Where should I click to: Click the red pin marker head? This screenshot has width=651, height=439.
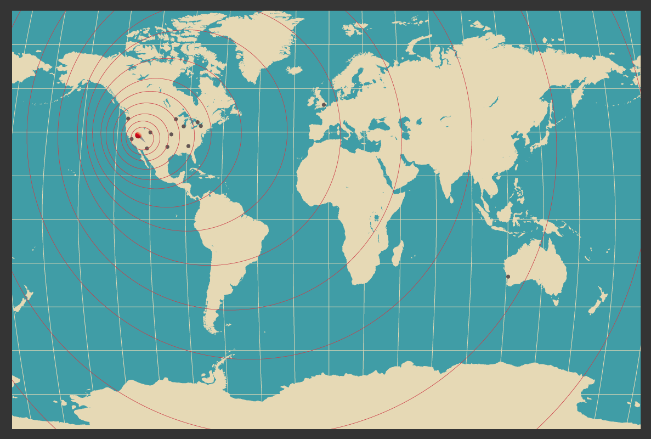click(138, 135)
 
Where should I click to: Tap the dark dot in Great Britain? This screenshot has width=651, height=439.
click(324, 105)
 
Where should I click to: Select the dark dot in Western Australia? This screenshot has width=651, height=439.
click(508, 277)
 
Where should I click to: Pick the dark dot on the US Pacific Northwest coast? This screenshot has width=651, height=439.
click(128, 119)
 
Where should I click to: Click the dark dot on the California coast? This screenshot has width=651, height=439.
click(132, 139)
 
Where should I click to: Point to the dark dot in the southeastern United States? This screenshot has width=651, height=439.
click(188, 146)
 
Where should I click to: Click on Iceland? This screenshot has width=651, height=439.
click(295, 70)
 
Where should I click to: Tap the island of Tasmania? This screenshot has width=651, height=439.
click(555, 301)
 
